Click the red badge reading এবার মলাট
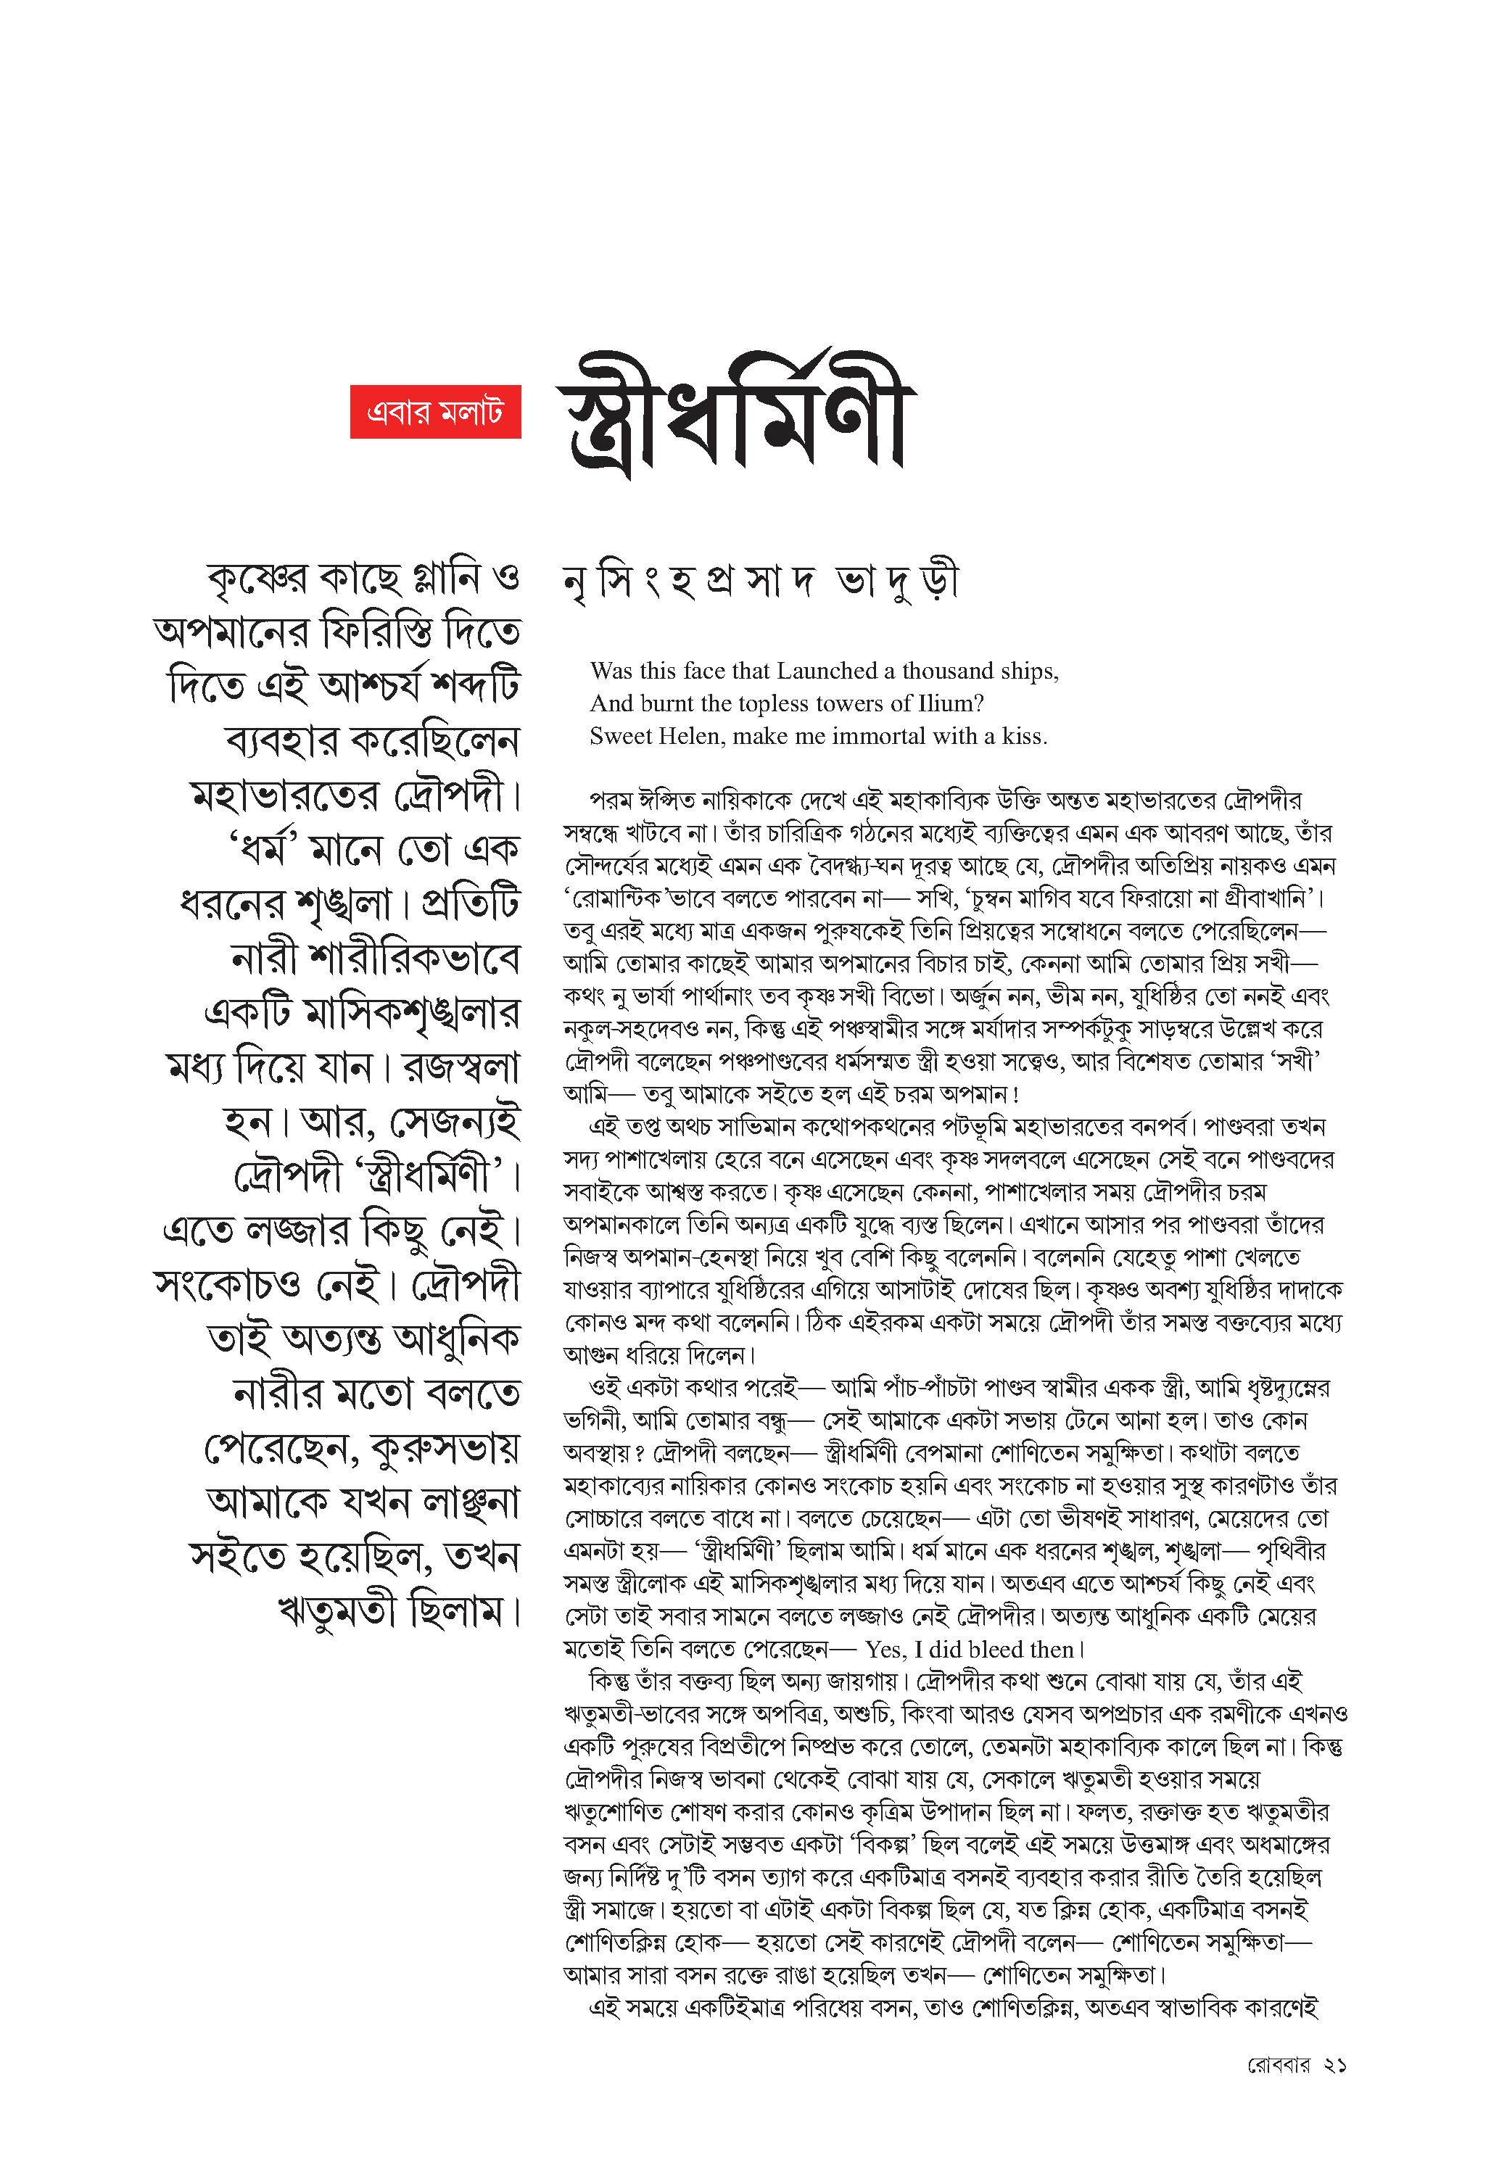tap(435, 412)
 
